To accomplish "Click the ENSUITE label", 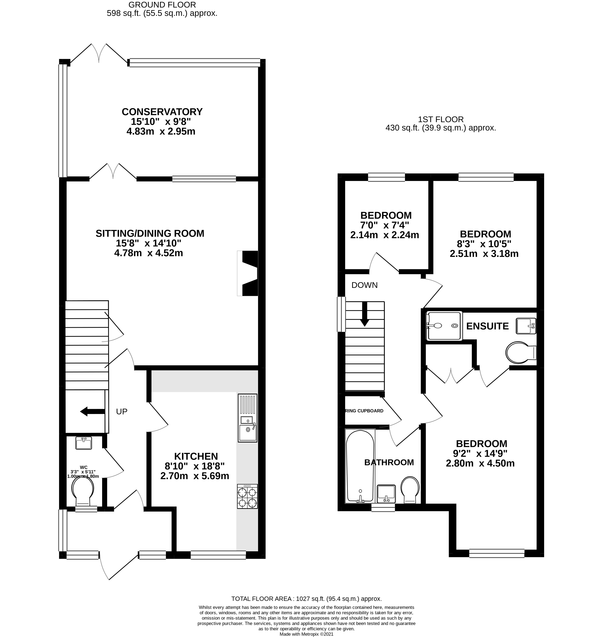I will [487, 326].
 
